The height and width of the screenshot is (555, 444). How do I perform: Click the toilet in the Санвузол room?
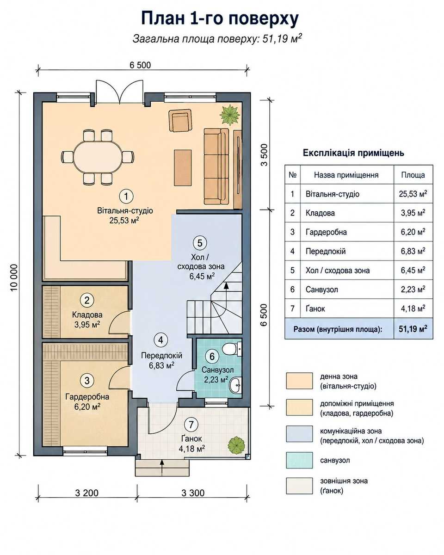coord(231,349)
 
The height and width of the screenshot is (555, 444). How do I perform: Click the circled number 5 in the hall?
coord(200,243)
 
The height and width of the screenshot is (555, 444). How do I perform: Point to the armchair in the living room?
coord(180,120)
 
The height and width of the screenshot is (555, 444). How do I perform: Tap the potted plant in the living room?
coord(229,115)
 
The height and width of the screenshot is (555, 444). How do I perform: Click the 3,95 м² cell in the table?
coord(413,213)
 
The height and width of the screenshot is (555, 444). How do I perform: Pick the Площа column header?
coord(413,175)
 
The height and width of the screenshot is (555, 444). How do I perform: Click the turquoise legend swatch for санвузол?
coord(299,460)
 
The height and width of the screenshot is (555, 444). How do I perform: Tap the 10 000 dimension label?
coord(14,277)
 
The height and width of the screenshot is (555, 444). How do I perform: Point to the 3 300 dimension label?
coord(193,493)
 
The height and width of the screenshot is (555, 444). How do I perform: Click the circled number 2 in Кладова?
coord(87,300)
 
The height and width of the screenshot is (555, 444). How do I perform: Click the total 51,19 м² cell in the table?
coord(413,328)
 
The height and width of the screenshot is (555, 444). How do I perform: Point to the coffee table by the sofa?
coord(183,168)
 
